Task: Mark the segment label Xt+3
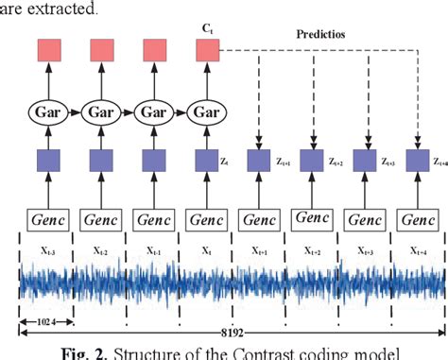point(364,252)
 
